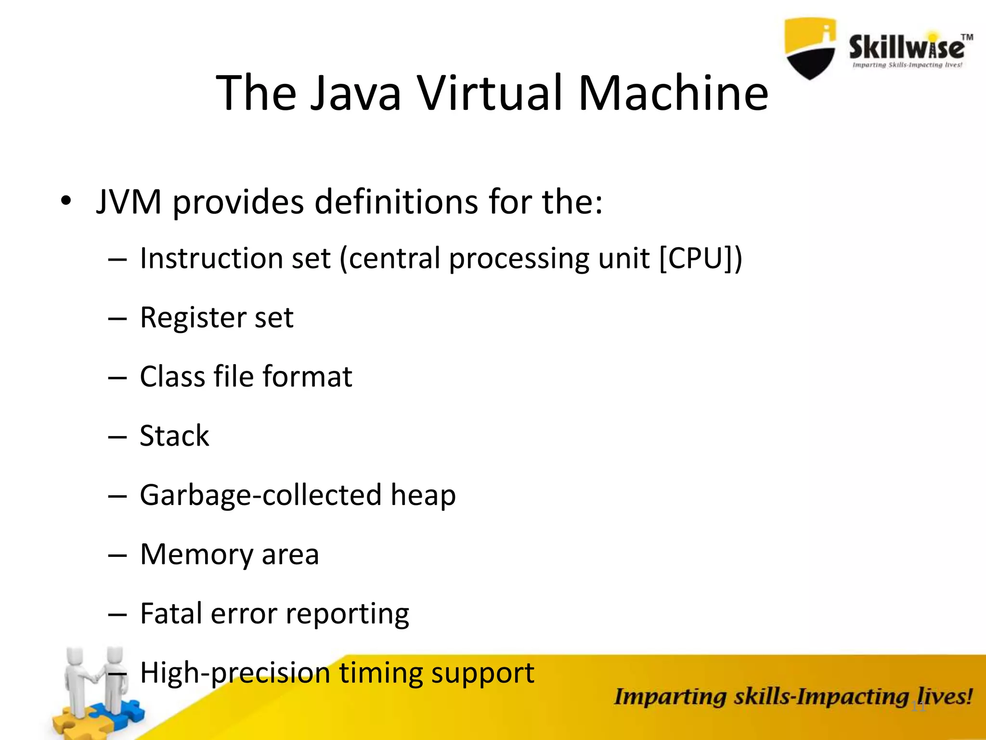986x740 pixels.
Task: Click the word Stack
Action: point(174,436)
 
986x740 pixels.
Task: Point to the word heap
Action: point(423,495)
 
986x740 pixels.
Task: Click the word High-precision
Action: point(234,673)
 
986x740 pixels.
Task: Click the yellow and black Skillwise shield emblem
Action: point(810,48)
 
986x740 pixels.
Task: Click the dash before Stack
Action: point(117,437)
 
